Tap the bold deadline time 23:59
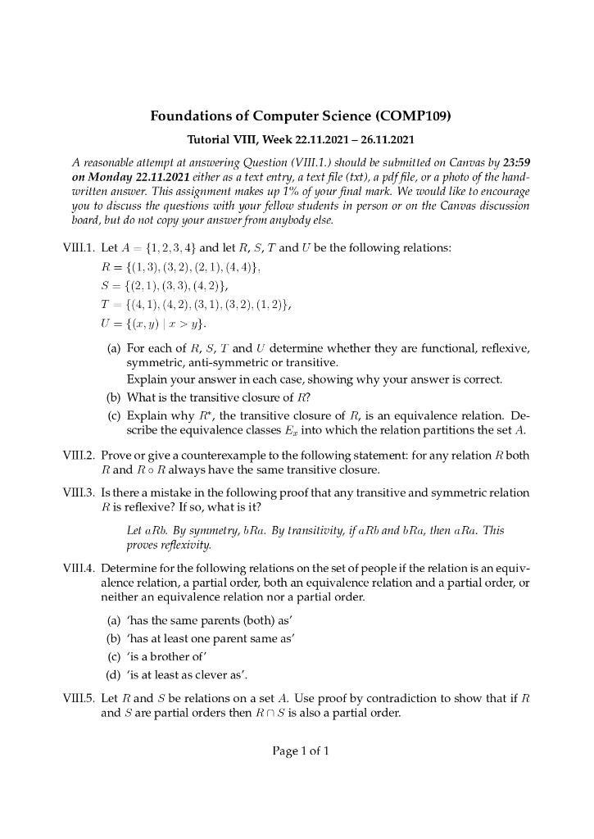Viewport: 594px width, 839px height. click(x=516, y=162)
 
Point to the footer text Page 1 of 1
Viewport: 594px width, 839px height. click(x=301, y=751)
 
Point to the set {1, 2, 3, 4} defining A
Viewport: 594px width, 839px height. click(x=170, y=248)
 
